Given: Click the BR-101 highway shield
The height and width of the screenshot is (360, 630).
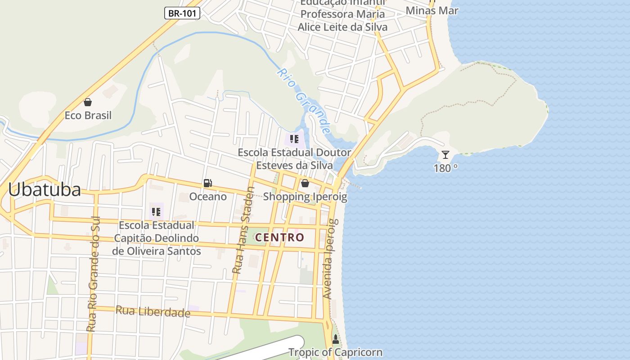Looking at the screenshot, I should (182, 13).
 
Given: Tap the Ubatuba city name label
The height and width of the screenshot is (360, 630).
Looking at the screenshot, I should (45, 189).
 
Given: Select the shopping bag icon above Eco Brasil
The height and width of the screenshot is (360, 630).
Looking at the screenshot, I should (88, 102).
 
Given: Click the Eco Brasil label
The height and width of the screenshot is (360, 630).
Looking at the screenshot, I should (88, 116).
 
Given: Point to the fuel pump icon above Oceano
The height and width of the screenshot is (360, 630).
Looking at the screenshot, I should (207, 183).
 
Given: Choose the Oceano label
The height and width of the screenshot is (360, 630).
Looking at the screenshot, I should (208, 197).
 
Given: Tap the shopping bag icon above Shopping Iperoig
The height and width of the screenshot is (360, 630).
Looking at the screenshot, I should (305, 183).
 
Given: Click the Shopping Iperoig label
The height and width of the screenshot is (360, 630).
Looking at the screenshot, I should (305, 197).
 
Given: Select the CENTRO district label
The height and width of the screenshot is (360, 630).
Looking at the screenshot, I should (279, 237).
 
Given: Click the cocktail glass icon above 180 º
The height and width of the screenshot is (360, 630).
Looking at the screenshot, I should (445, 155).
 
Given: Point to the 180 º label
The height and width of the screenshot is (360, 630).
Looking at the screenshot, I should (445, 168).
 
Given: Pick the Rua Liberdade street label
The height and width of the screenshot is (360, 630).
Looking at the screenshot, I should (153, 311).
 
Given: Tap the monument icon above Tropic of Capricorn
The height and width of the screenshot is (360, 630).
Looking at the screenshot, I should (335, 339).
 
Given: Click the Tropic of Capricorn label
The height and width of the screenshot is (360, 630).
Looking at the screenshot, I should (335, 352).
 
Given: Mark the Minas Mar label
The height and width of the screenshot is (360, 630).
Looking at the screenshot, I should (432, 10).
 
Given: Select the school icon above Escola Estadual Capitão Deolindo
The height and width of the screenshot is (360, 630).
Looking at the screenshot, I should (156, 211).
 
